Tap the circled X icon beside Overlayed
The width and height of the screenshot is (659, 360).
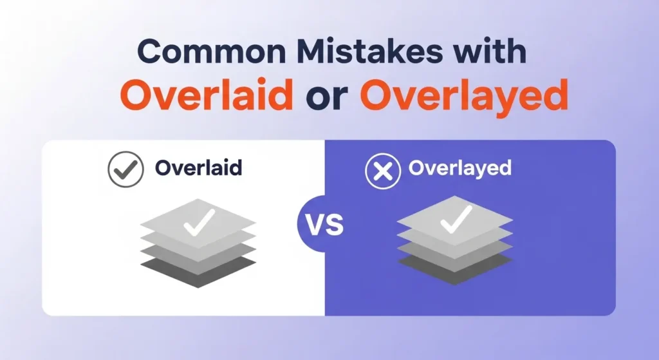[380, 171]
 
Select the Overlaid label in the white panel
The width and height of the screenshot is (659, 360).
[198, 169]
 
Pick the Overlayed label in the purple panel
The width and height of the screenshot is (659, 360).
[459, 169]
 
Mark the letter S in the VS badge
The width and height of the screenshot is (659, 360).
[334, 227]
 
